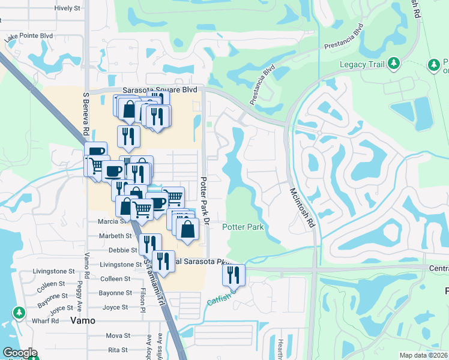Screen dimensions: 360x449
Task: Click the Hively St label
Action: pos(67,8)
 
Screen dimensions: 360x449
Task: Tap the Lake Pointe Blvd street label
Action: pos(28,37)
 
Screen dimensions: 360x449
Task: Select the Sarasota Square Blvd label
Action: pos(160,90)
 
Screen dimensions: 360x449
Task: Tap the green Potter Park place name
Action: pos(243,227)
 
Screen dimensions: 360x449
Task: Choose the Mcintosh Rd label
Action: pos(302,206)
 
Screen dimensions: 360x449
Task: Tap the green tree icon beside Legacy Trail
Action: pos(394,63)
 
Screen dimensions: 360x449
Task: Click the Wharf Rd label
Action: pos(46,320)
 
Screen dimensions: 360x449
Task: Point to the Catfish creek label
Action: pos(219,301)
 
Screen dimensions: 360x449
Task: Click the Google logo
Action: pos(19,353)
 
